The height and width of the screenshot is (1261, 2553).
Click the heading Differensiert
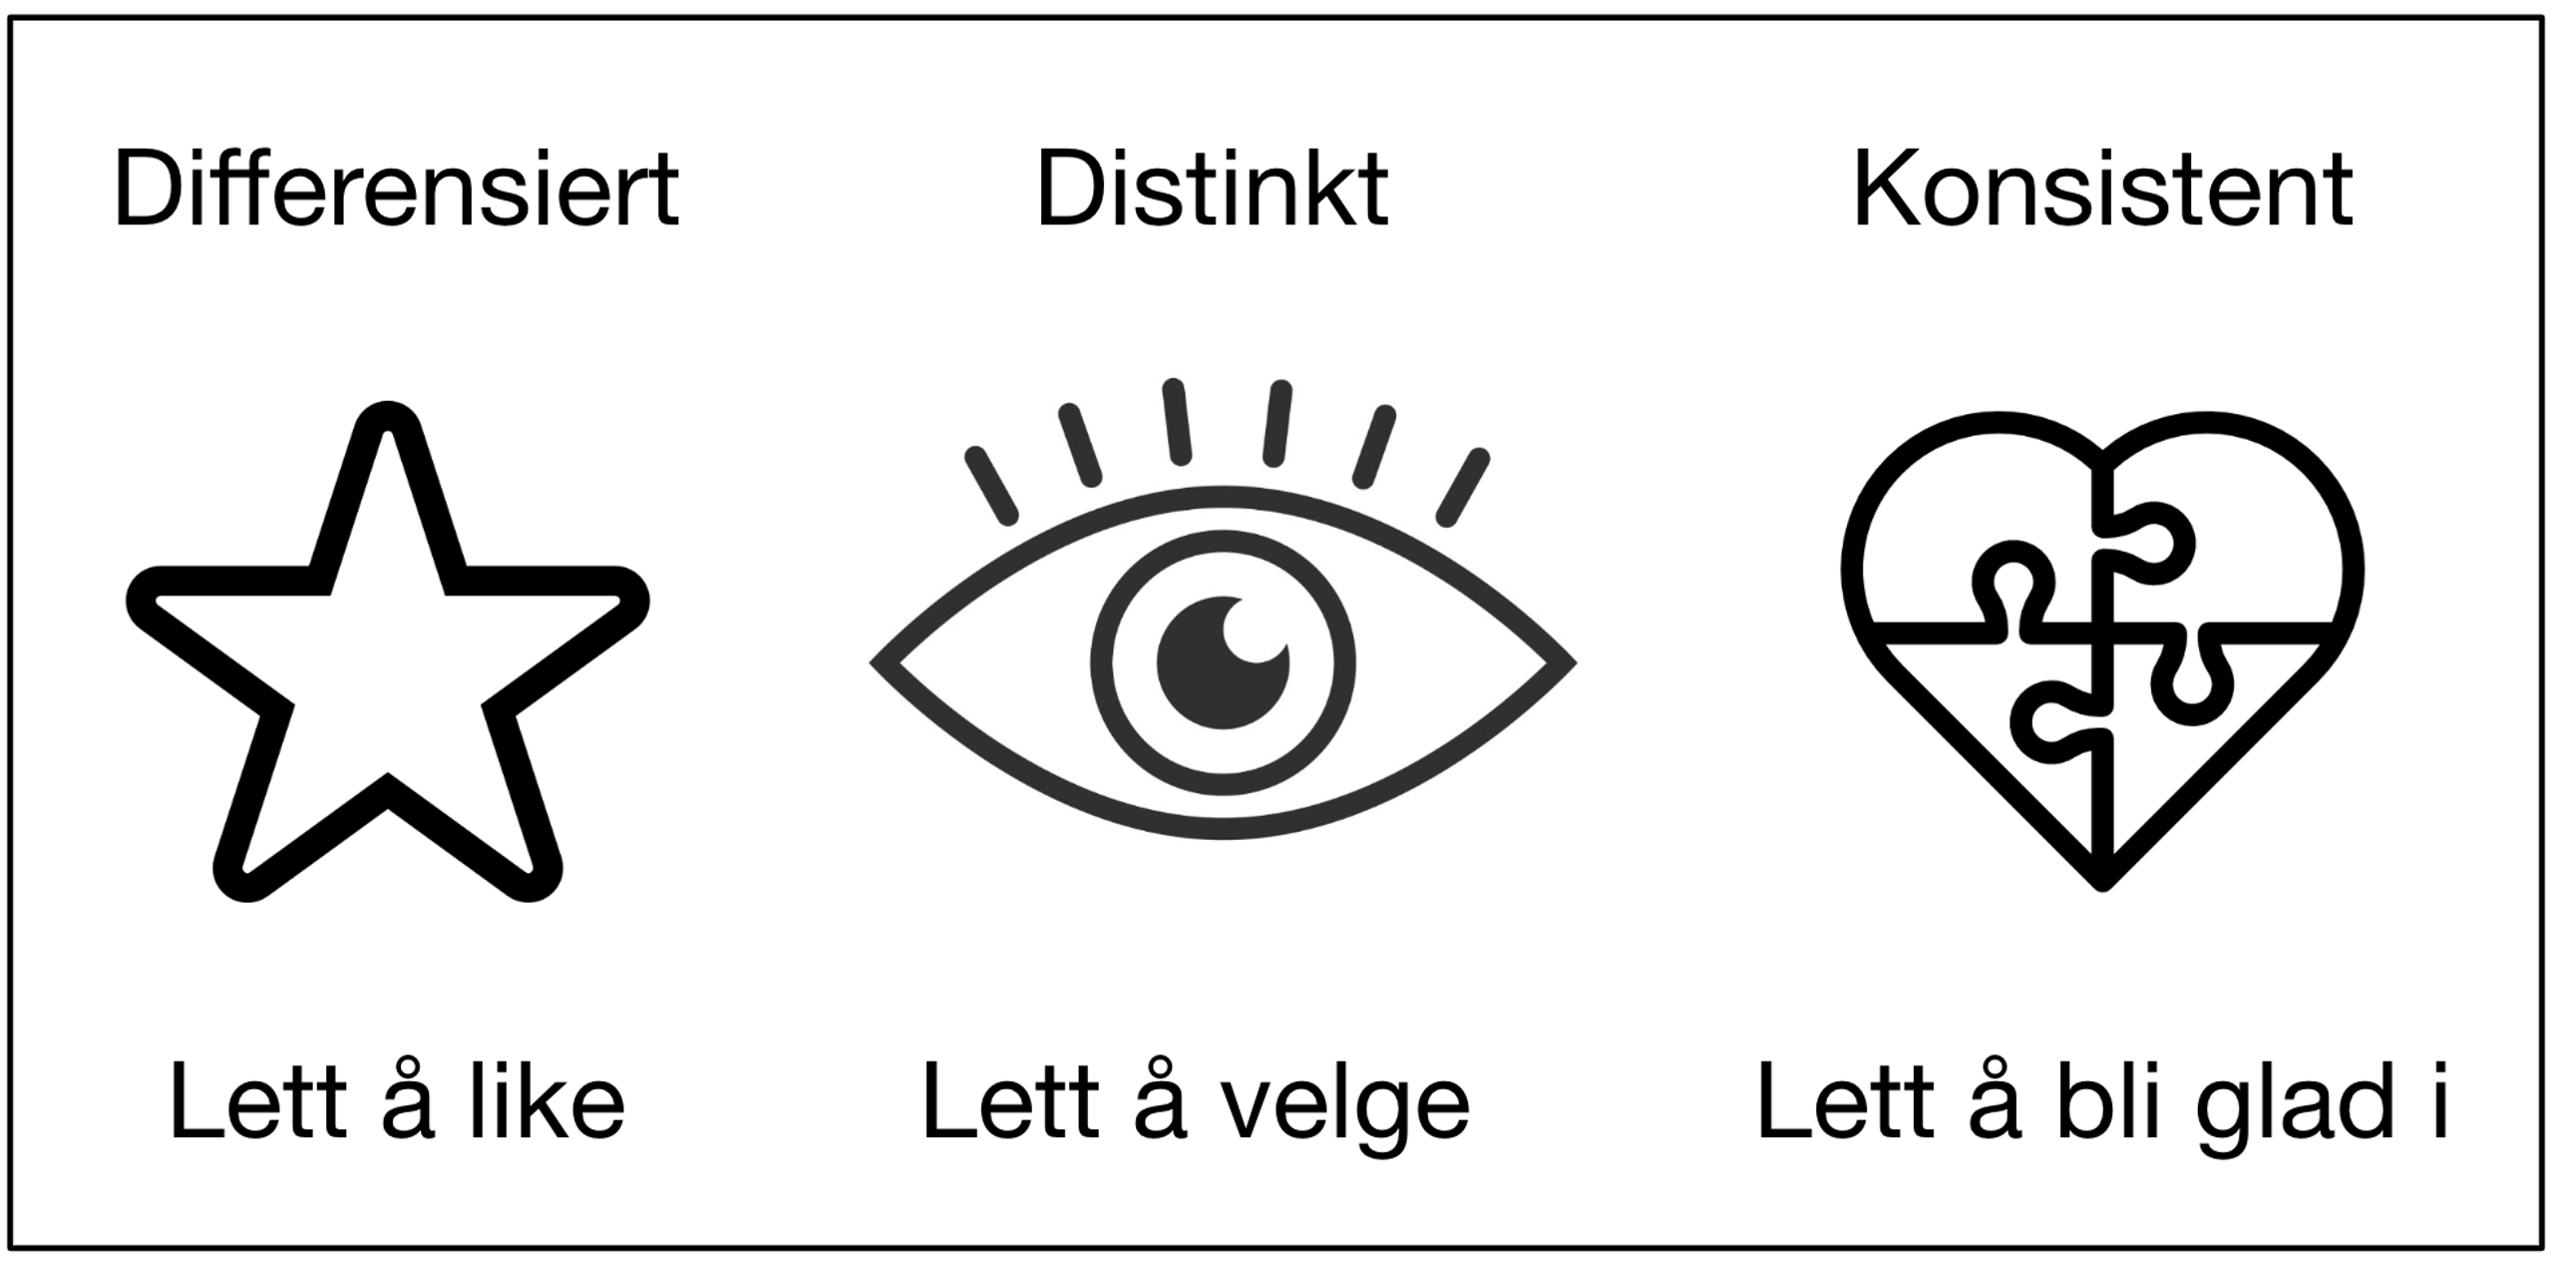click(396, 189)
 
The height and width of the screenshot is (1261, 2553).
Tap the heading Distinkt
click(1212, 189)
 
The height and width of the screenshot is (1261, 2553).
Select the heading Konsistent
click(2102, 189)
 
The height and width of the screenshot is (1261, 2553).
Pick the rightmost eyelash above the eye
click(1463, 487)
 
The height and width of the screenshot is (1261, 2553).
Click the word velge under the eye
click(1346, 1105)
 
